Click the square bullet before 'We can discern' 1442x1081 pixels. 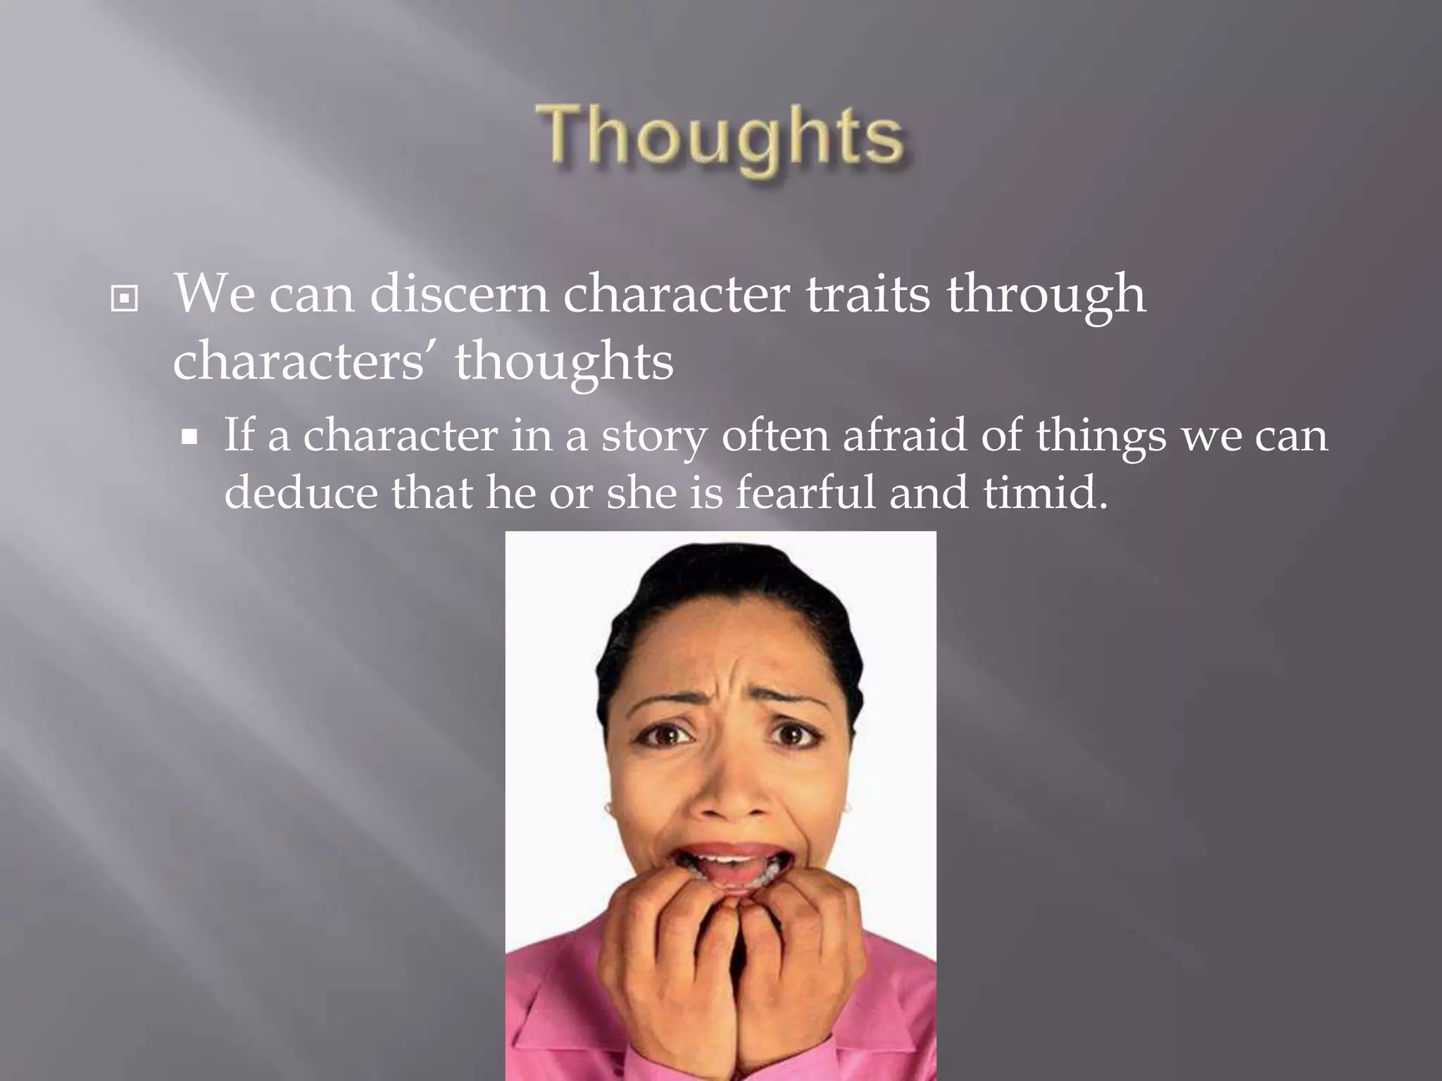pos(125,299)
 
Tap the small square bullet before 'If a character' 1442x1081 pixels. pos(189,438)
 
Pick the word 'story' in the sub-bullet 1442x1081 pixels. pos(653,436)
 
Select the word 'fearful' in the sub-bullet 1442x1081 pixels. pos(805,492)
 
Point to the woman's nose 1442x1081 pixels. pos(727,795)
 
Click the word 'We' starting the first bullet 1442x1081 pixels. pos(214,294)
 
